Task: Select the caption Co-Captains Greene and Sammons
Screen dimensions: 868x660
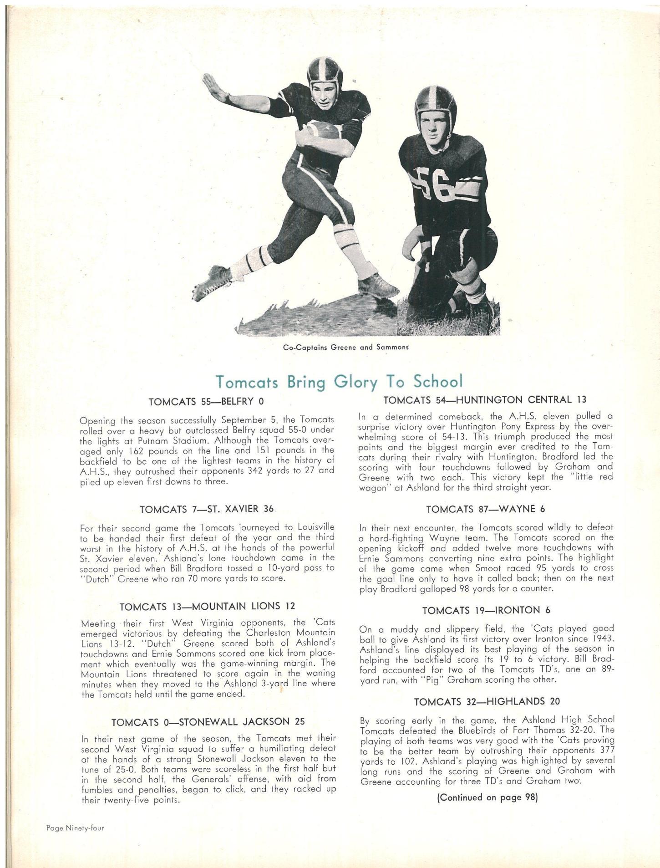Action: tap(345, 347)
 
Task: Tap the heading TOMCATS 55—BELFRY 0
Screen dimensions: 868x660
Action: tap(206, 402)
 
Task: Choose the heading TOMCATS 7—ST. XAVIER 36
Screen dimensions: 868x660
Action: tap(206, 509)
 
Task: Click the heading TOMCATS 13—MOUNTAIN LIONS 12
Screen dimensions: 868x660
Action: tap(207, 606)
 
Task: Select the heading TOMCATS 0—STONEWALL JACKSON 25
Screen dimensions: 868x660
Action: tap(208, 721)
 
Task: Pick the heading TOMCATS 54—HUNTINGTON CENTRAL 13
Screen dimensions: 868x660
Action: tap(485, 400)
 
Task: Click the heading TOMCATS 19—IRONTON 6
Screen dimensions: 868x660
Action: tap(487, 610)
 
